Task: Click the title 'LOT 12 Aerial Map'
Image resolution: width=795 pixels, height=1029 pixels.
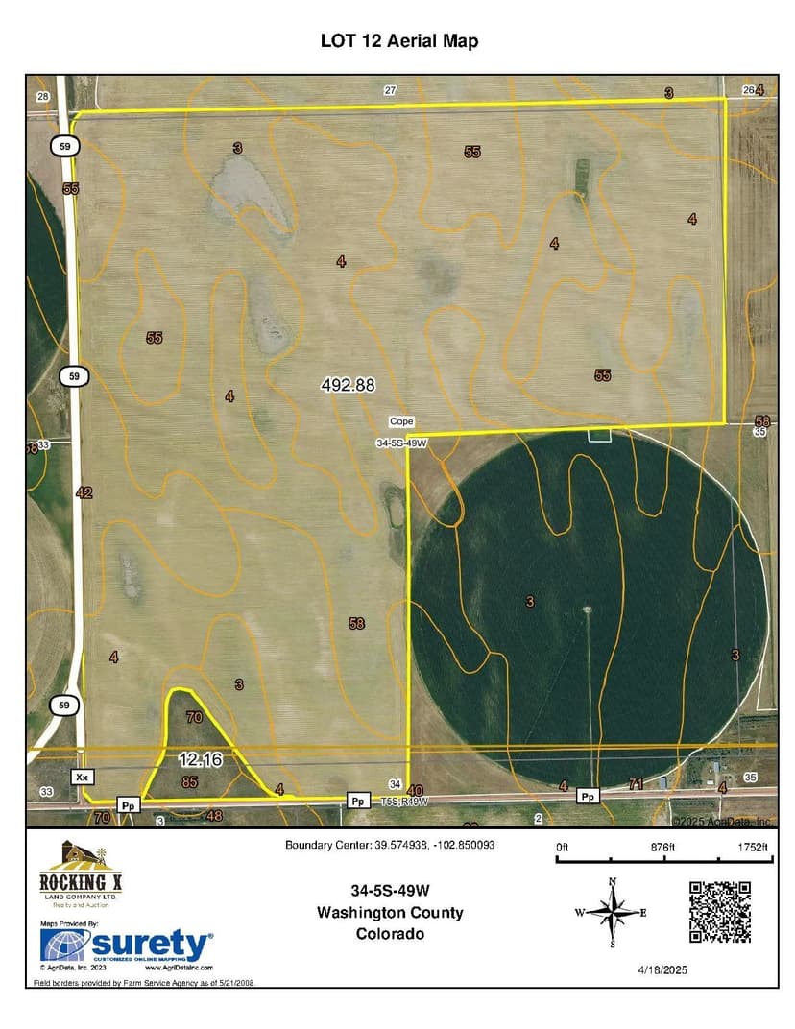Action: pos(398,41)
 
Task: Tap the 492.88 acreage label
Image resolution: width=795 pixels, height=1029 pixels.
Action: pos(347,385)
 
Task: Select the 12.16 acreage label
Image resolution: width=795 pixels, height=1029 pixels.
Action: pos(200,759)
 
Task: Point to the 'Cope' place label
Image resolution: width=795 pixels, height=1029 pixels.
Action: pos(400,421)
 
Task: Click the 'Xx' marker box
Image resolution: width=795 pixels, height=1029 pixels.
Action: pos(83,774)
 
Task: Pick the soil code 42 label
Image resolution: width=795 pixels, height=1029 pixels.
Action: pos(84,492)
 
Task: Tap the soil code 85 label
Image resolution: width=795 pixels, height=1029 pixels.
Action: pos(189,782)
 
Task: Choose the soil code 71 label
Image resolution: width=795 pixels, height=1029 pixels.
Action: pos(636,785)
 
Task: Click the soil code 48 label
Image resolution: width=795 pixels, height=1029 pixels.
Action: pos(214,817)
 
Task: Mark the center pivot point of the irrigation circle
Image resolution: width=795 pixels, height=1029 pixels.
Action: pos(586,610)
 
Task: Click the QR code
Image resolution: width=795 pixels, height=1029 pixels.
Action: pos(719,912)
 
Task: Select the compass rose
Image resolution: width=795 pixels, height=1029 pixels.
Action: pos(612,913)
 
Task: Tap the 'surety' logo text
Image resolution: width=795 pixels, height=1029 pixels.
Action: pos(152,945)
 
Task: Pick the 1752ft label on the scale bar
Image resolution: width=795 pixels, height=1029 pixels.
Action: pos(753,847)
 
